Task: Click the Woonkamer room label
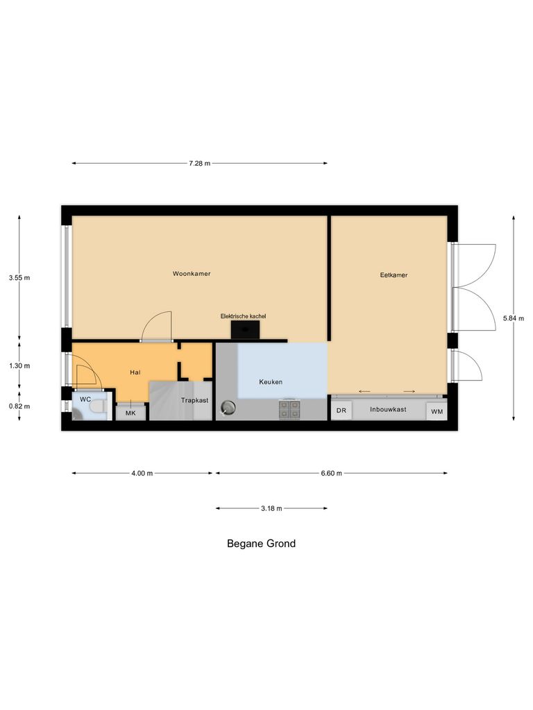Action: (x=192, y=274)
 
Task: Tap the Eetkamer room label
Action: (x=394, y=275)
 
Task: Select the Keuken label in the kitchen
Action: (x=271, y=382)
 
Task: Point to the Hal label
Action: (x=135, y=373)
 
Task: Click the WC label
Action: (x=85, y=399)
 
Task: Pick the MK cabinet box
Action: (x=130, y=413)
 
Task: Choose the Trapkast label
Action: (x=194, y=401)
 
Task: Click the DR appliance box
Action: (x=341, y=411)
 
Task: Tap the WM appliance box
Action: (x=437, y=412)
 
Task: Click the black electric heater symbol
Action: (x=245, y=329)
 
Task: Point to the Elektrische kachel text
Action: (x=243, y=316)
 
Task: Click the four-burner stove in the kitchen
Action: (x=289, y=410)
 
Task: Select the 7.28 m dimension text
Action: (x=199, y=164)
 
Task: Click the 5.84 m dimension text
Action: (x=514, y=318)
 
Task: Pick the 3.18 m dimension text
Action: (x=271, y=508)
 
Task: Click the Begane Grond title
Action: (x=261, y=544)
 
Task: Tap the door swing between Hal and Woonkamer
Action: (x=158, y=326)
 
